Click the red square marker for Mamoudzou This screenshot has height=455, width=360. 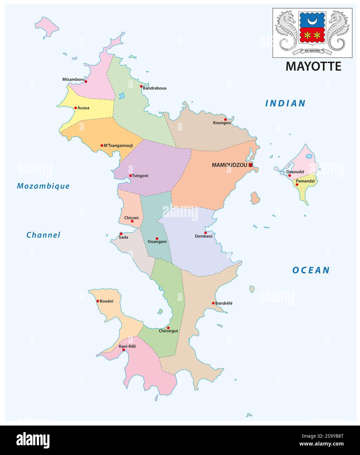click(x=251, y=165)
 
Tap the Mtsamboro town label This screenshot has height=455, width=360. click(x=73, y=79)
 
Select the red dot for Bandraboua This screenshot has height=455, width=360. click(x=141, y=86)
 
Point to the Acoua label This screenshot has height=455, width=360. click(x=83, y=108)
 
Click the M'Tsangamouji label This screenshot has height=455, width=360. click(x=118, y=145)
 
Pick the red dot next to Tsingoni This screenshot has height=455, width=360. click(x=130, y=176)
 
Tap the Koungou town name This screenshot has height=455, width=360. click(x=222, y=123)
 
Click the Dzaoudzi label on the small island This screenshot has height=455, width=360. click(x=295, y=172)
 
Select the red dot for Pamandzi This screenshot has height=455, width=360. click(x=297, y=185)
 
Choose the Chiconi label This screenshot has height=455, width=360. click(x=131, y=218)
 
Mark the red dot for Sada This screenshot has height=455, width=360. click(x=121, y=234)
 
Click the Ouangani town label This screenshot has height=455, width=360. click(x=157, y=242)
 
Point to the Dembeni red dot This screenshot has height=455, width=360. click(x=205, y=233)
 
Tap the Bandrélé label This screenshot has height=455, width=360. click(x=224, y=303)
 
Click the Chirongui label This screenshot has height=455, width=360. click(x=168, y=331)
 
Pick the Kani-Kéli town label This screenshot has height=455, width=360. click(x=127, y=346)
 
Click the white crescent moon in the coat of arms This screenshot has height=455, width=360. click(x=313, y=21)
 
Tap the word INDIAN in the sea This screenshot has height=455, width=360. click(x=285, y=103)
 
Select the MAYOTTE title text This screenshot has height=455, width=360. click(x=313, y=66)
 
